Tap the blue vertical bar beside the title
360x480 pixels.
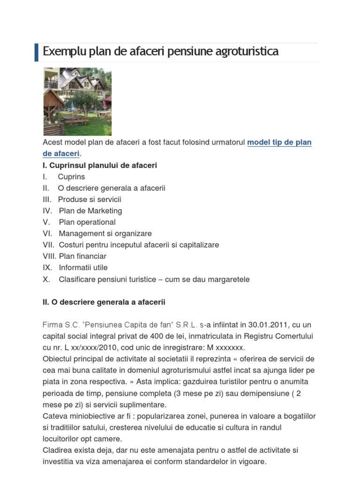click(37, 52)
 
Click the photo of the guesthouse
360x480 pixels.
click(77, 101)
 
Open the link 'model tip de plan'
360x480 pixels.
click(279, 142)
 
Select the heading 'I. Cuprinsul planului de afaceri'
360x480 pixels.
click(100, 165)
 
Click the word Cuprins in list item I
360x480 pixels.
click(71, 177)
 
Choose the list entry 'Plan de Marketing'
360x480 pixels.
click(90, 211)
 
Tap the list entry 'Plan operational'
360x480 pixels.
click(87, 222)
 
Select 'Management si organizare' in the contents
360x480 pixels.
click(105, 233)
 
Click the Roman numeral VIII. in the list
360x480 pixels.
click(49, 256)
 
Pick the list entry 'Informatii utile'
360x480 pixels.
click(83, 268)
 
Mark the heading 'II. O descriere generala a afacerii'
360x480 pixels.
click(104, 302)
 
